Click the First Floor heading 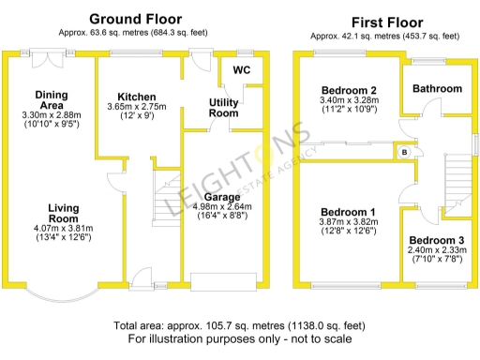(387, 22)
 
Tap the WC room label (241, 70)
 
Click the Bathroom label (438, 89)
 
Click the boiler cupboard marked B (404, 152)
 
